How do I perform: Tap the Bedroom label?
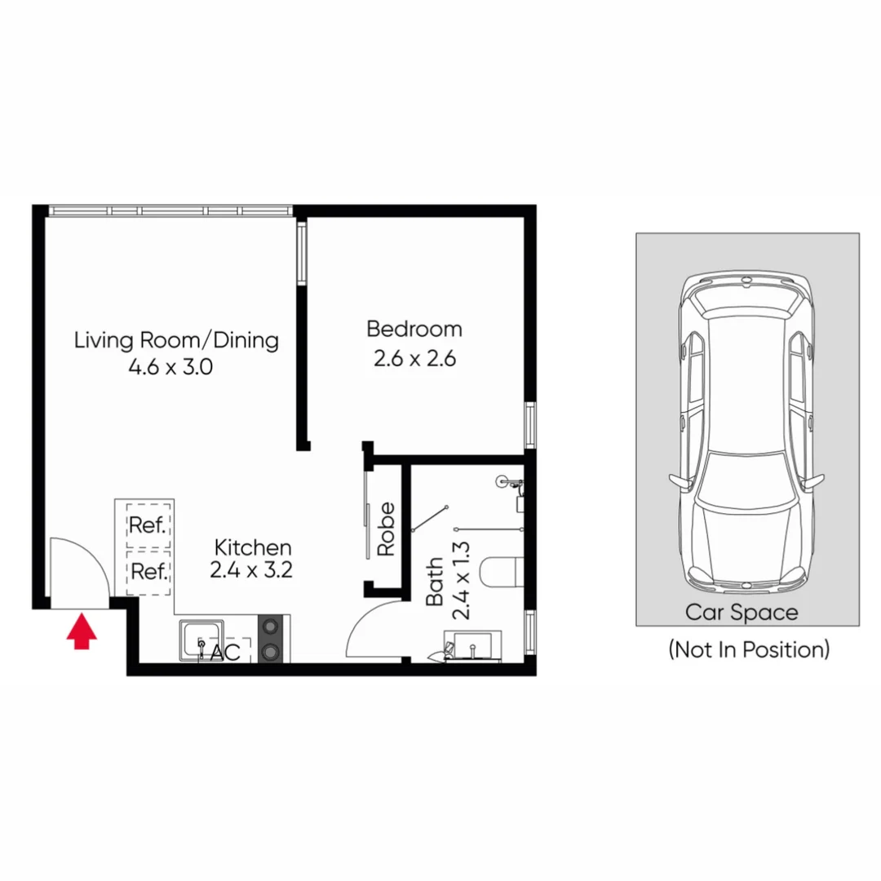click(x=414, y=330)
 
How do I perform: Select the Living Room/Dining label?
click(x=176, y=339)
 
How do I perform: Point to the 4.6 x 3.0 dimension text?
click(x=170, y=367)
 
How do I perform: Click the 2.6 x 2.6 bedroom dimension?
click(x=414, y=358)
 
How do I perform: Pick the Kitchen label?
click(x=252, y=547)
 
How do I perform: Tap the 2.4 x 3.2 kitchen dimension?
click(x=250, y=570)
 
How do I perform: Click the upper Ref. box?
click(x=148, y=525)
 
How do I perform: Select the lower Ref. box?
click(x=148, y=571)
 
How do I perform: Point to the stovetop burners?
click(x=270, y=639)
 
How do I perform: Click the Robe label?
click(x=386, y=529)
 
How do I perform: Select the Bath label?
click(x=434, y=581)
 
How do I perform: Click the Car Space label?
click(x=741, y=612)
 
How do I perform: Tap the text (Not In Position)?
click(x=749, y=649)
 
